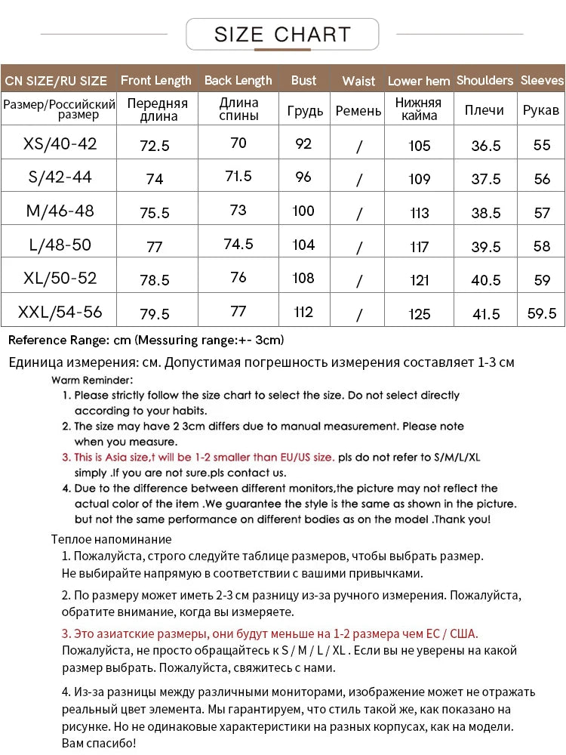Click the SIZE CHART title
coord(282,34)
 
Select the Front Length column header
coord(155,80)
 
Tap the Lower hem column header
coord(418,81)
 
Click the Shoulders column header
coord(484,80)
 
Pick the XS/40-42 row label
coord(60,143)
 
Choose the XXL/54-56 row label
coord(60,311)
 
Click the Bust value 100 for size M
coord(303,211)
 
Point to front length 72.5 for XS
coord(155,146)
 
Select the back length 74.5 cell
coord(238,244)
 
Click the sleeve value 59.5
coord(542,313)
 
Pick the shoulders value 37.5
coord(485,179)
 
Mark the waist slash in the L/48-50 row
coord(358,248)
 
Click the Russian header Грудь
coord(305,111)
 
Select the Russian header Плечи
coord(484,110)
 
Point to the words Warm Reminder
coord(92,380)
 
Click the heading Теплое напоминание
coord(111,539)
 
